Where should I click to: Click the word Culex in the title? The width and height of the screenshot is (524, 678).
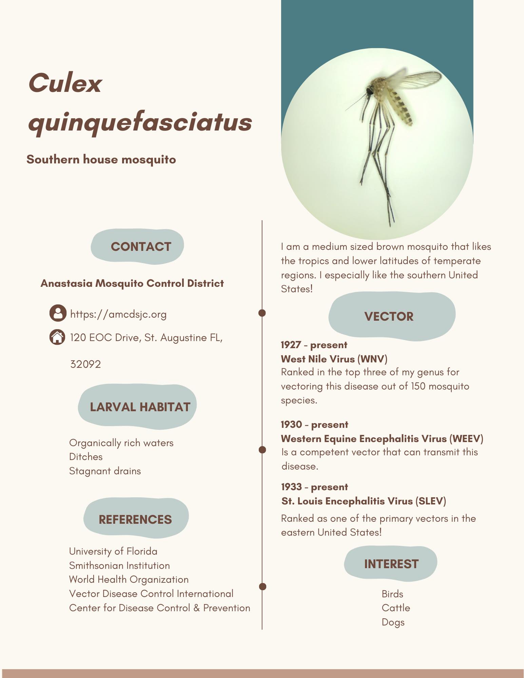(x=65, y=83)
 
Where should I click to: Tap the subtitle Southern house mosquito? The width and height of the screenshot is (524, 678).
(x=101, y=159)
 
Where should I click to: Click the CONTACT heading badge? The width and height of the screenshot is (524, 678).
(x=137, y=246)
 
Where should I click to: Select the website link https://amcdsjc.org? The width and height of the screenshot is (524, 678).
(x=118, y=314)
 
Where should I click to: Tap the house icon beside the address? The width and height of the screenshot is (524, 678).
(x=57, y=337)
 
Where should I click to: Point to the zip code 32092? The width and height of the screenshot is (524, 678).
(x=85, y=364)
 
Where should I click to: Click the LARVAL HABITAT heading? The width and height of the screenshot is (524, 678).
(x=140, y=407)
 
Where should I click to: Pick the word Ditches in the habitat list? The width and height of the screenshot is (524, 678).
(x=86, y=457)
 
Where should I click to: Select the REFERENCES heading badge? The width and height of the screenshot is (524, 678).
(x=135, y=519)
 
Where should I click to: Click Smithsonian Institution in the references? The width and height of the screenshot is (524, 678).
(x=119, y=565)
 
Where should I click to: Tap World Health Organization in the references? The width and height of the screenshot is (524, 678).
(x=129, y=579)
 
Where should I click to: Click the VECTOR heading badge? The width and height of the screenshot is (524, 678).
(x=389, y=316)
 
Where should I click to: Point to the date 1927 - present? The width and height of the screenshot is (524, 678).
(x=314, y=345)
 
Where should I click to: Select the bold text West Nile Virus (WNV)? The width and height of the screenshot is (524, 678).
(x=334, y=359)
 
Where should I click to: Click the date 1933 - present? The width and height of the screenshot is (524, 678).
(x=314, y=487)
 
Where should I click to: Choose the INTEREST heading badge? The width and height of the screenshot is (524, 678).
(x=391, y=564)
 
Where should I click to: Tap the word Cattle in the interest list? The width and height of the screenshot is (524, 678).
(x=396, y=608)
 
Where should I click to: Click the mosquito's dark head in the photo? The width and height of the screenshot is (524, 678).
(x=369, y=91)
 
